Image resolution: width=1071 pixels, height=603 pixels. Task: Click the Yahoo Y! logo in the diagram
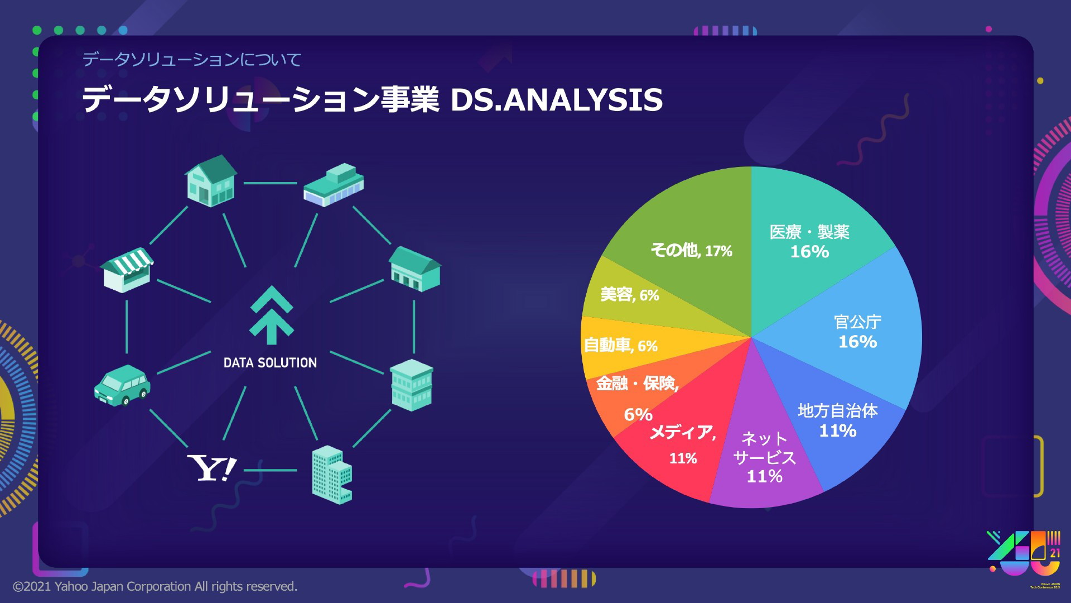[212, 468]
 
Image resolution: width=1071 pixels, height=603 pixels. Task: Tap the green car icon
[122, 384]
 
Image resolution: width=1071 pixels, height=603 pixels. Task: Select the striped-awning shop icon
[128, 270]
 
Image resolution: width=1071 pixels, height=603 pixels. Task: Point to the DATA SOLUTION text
[270, 363]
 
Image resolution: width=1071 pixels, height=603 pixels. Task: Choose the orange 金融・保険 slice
[630, 396]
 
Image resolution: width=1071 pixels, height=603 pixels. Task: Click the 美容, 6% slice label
[630, 295]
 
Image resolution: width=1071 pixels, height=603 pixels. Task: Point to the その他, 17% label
[691, 250]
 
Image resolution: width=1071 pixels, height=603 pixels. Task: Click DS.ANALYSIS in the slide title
[556, 100]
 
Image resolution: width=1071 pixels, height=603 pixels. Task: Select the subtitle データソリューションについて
[192, 59]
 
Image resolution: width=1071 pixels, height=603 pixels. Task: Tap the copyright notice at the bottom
[155, 586]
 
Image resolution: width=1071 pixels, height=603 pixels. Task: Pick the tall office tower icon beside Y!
[332, 475]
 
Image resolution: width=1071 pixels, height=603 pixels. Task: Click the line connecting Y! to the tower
[271, 470]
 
